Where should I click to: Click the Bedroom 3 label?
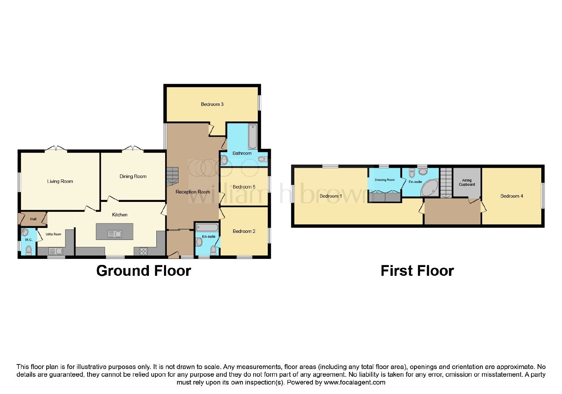pos(212,104)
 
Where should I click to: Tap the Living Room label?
pos(60,182)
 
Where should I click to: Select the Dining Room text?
pos(133,176)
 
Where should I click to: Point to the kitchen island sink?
pos(115,234)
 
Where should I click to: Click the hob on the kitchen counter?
pos(143,252)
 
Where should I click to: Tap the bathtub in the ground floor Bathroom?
pos(253,136)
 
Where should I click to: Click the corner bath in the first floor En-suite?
pos(430,188)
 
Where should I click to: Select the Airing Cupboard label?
pos(467,183)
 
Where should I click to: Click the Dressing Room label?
pos(385,180)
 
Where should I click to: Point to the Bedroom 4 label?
pos(511,196)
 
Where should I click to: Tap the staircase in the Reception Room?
pos(172,177)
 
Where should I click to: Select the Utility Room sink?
pos(56,251)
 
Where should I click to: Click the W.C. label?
pos(29,240)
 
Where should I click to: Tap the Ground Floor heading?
pos(144,271)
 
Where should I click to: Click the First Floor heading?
pos(417,271)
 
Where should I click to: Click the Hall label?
pos(33,219)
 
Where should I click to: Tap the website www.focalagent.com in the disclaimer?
pos(354,383)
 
